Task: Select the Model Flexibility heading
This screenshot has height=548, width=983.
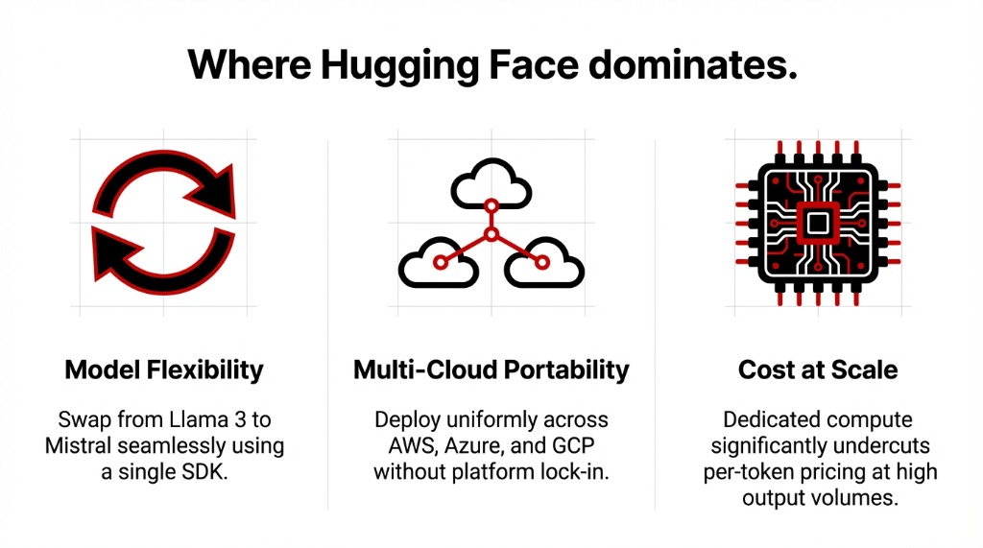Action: pos(164,369)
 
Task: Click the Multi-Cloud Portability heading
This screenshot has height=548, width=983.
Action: pos(491,369)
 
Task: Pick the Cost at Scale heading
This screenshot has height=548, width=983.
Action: pos(818,369)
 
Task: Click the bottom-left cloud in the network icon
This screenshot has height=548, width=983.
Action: pos(439,260)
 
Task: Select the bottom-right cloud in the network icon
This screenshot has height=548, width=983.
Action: pos(542,260)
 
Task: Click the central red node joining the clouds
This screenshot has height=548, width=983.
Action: pos(491,234)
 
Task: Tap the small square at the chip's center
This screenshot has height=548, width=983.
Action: pos(817,223)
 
